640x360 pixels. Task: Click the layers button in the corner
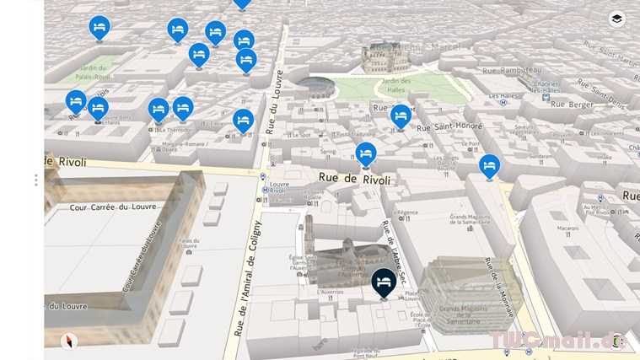pos(617,19)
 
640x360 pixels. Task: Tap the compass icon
pos(68,341)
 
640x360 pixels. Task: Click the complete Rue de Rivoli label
pos(354,179)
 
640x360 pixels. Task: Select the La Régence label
pos(407,212)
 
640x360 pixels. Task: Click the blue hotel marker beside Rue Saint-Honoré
pos(401,115)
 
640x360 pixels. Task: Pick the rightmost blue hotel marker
pos(489,165)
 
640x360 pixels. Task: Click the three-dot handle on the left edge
pos(35,180)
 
